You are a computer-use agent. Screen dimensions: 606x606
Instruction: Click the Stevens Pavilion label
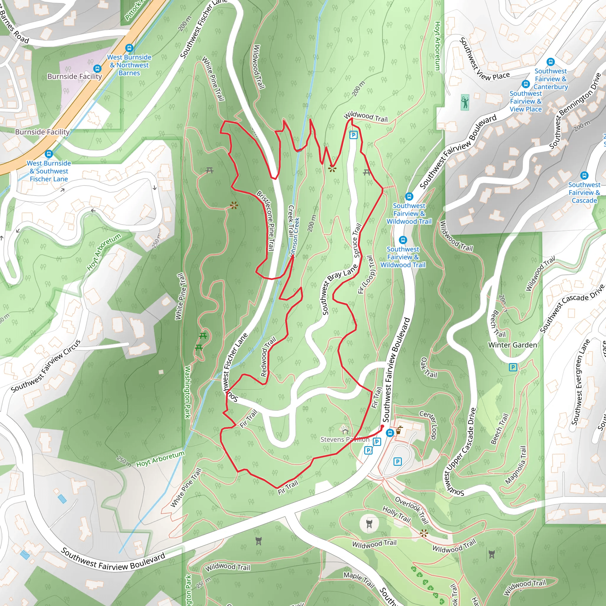point(344,439)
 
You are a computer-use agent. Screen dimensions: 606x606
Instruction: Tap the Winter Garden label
point(512,345)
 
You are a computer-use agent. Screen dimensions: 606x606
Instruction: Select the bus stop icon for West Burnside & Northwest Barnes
point(129,48)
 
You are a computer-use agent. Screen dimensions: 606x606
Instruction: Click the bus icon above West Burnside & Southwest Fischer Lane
point(49,154)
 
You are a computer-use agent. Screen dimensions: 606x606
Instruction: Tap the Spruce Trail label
point(357,241)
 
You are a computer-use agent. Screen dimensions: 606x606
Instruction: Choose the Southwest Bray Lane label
point(340,289)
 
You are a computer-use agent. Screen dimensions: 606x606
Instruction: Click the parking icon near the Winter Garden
point(513,367)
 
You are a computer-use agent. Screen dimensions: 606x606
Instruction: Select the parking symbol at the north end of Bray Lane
point(354,135)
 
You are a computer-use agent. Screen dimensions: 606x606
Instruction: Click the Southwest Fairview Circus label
point(46,366)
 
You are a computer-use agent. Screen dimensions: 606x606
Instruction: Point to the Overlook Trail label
point(411,510)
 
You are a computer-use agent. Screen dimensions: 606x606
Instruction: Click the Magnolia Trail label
point(515,465)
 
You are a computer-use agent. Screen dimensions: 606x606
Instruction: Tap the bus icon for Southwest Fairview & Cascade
point(584,175)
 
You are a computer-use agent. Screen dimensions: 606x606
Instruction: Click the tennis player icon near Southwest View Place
point(465,102)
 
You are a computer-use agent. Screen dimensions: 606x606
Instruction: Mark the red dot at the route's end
point(382,427)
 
